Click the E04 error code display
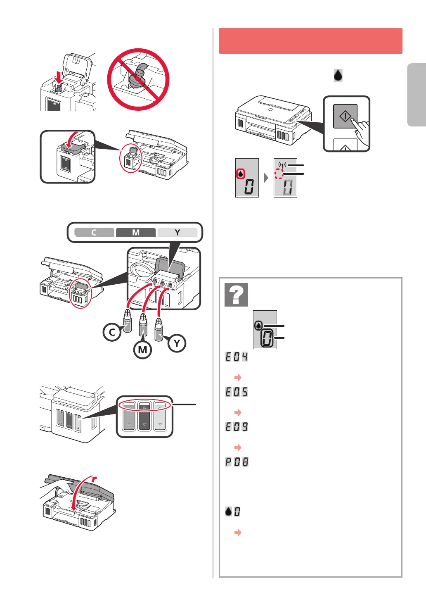pos(237,357)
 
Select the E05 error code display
pos(237,392)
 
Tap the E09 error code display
pos(237,427)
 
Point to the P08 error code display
pos(237,462)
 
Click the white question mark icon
pos(236,295)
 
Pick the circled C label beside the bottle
pos(112,332)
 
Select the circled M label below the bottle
pos(142,350)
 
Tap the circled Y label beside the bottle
pos(177,343)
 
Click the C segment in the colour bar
pos(94,233)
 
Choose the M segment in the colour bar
pos(136,233)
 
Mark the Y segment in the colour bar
pos(177,233)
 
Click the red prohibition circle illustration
pos(138,79)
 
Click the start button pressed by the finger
pos(345,117)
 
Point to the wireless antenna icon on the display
pos(282,165)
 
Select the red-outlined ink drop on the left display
pos(241,174)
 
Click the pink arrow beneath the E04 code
pos(238,377)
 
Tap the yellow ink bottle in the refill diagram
pos(159,330)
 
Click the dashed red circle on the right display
pos(279,174)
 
